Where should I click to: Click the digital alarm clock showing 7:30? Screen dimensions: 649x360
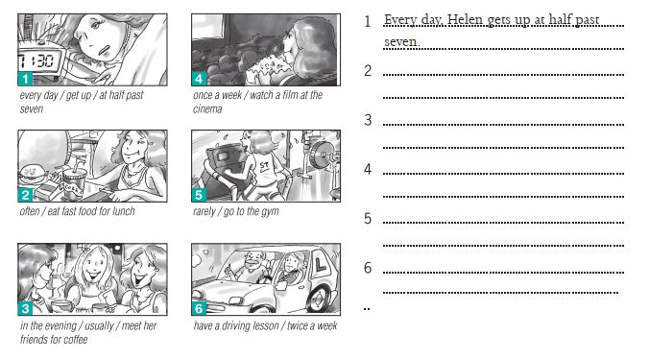(x=40, y=60)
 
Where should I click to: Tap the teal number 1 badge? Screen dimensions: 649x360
(x=25, y=78)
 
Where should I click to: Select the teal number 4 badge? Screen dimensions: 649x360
(x=199, y=78)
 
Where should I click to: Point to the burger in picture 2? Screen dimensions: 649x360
(x=33, y=174)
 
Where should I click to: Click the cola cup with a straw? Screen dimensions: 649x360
(x=75, y=182)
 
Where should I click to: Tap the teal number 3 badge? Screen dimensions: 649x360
(x=25, y=308)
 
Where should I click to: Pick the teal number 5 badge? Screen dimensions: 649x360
(x=199, y=195)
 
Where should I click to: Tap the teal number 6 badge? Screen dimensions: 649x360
(x=199, y=308)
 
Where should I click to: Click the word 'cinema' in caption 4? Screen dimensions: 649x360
(x=207, y=108)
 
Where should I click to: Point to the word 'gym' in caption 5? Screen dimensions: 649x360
(x=270, y=212)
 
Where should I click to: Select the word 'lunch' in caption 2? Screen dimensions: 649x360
(x=123, y=211)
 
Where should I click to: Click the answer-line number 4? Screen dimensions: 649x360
(x=368, y=169)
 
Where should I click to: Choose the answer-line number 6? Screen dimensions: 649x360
(x=368, y=268)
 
